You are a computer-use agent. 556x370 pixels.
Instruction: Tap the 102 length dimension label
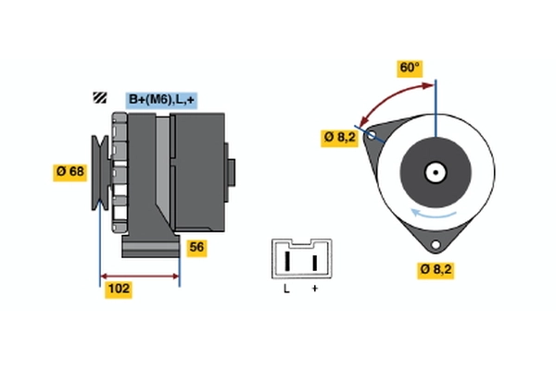(119, 289)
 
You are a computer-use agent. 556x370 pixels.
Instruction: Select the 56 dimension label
(196, 247)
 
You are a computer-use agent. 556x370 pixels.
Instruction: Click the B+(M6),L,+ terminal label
(163, 99)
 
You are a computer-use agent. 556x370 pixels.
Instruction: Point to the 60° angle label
(409, 68)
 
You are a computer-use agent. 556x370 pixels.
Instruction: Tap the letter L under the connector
(287, 290)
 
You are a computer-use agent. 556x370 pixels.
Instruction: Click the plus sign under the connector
(315, 290)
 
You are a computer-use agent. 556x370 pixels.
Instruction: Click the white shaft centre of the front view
(434, 171)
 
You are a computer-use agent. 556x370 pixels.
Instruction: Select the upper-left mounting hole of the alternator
(373, 136)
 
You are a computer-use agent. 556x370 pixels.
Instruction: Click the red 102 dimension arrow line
(139, 276)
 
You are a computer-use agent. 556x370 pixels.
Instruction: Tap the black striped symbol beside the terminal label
(99, 98)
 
